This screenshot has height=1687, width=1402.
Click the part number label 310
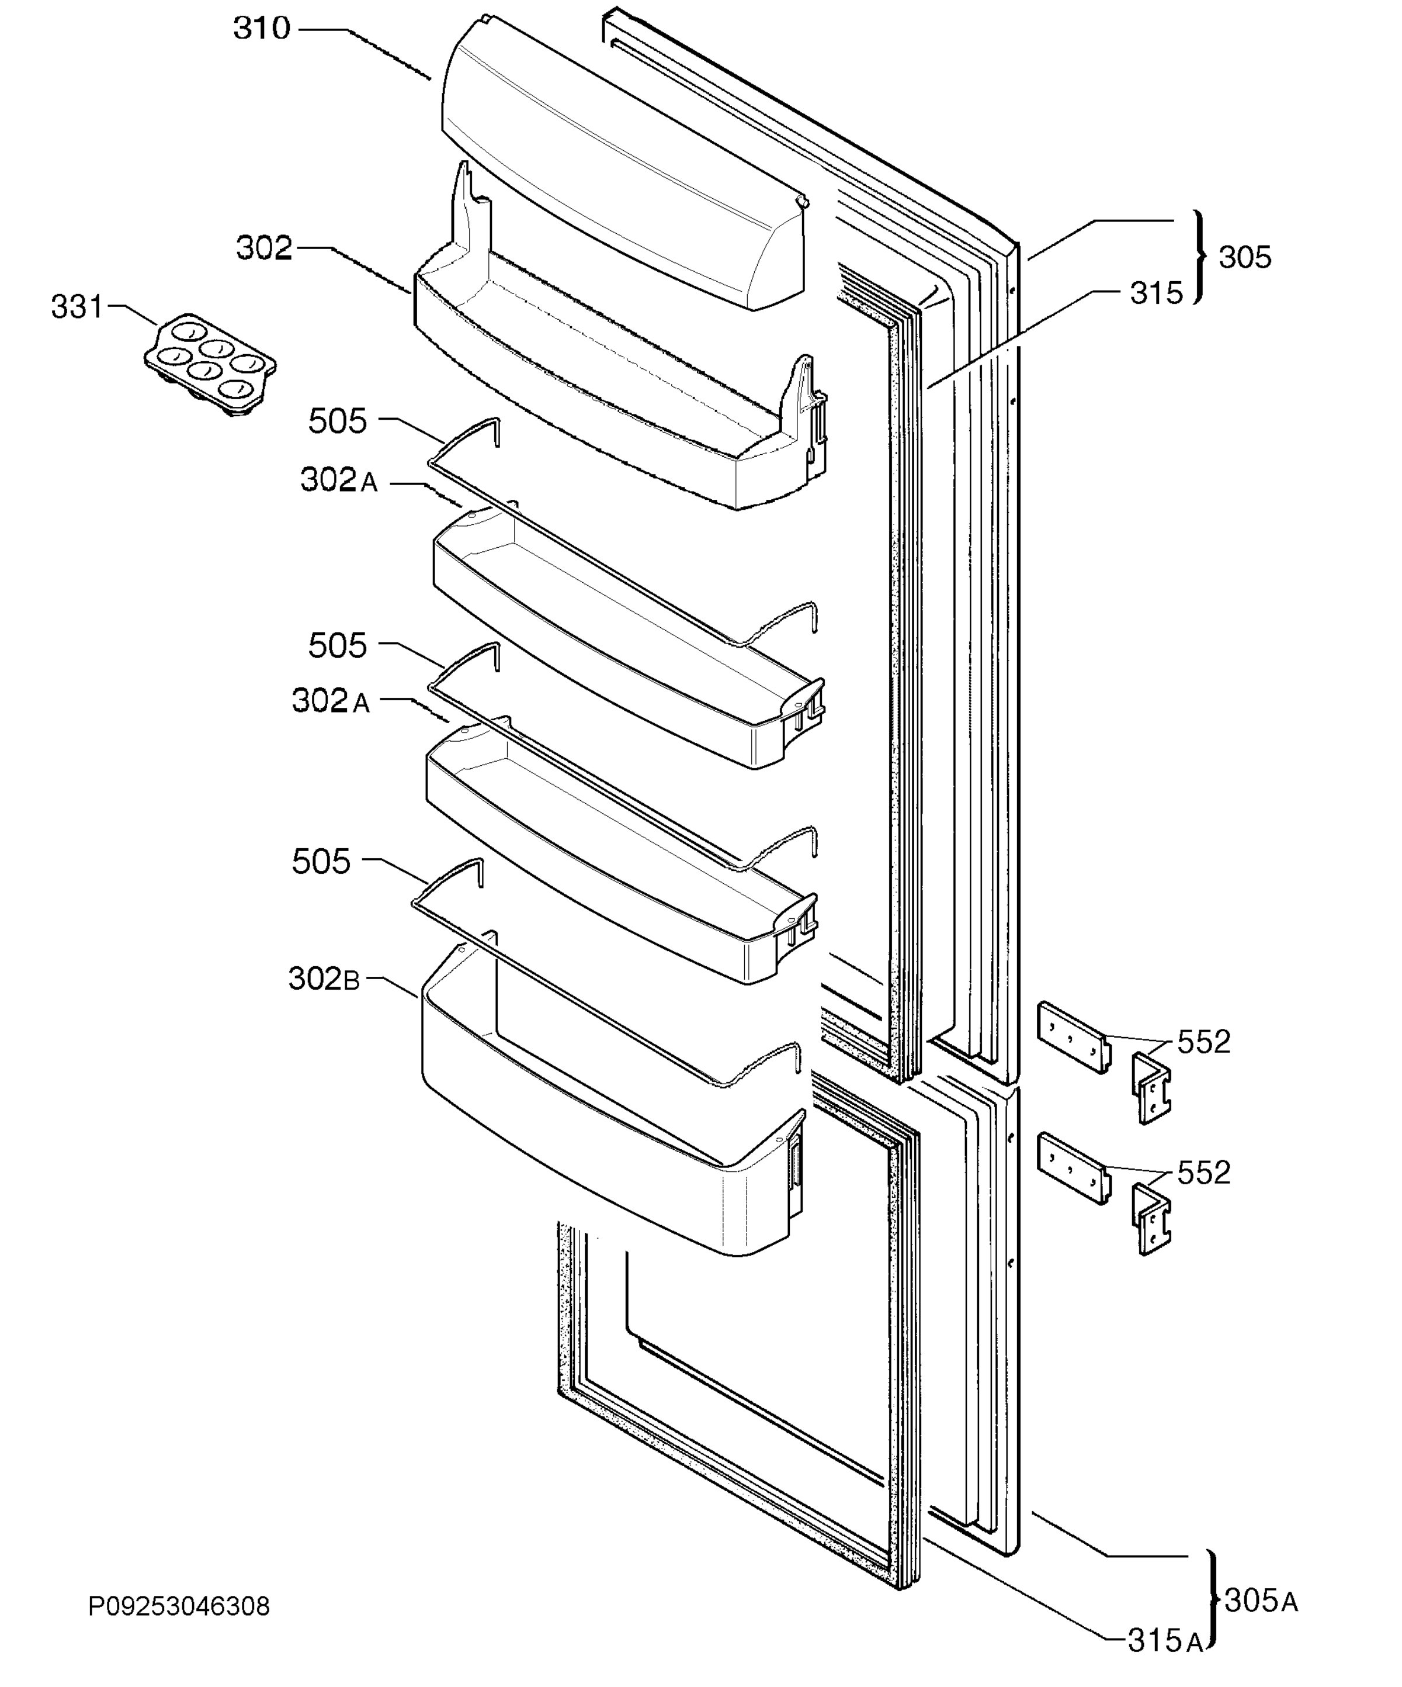262,29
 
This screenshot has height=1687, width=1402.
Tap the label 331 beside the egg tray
78,307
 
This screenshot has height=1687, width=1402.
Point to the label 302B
324,979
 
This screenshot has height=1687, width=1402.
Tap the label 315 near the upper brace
1156,293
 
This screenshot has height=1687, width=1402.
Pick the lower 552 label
1203,1173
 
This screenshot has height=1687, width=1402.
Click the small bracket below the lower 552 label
1151,1219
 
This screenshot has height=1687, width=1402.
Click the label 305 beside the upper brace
1245,257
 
